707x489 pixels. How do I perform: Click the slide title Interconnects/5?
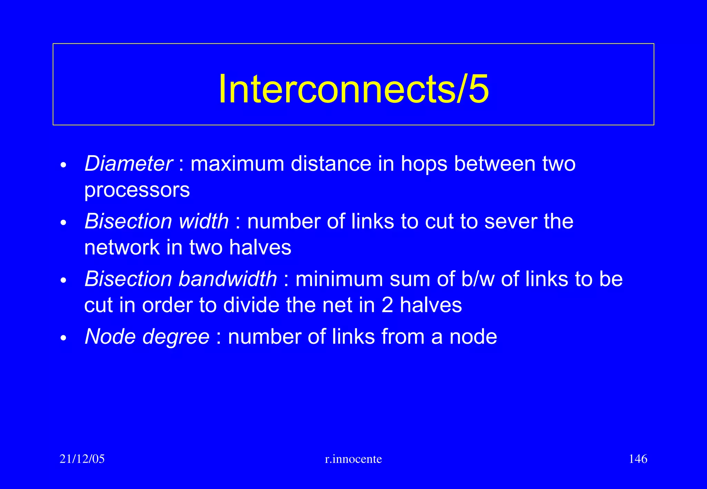point(353,89)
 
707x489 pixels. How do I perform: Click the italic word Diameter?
point(128,163)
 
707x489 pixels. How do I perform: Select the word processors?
point(137,190)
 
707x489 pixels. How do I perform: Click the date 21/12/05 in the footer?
point(82,459)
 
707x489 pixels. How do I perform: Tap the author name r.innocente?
point(353,459)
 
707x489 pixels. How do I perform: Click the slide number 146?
point(638,459)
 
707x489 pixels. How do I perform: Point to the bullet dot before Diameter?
point(63,165)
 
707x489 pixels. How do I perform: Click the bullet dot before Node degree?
point(63,338)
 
